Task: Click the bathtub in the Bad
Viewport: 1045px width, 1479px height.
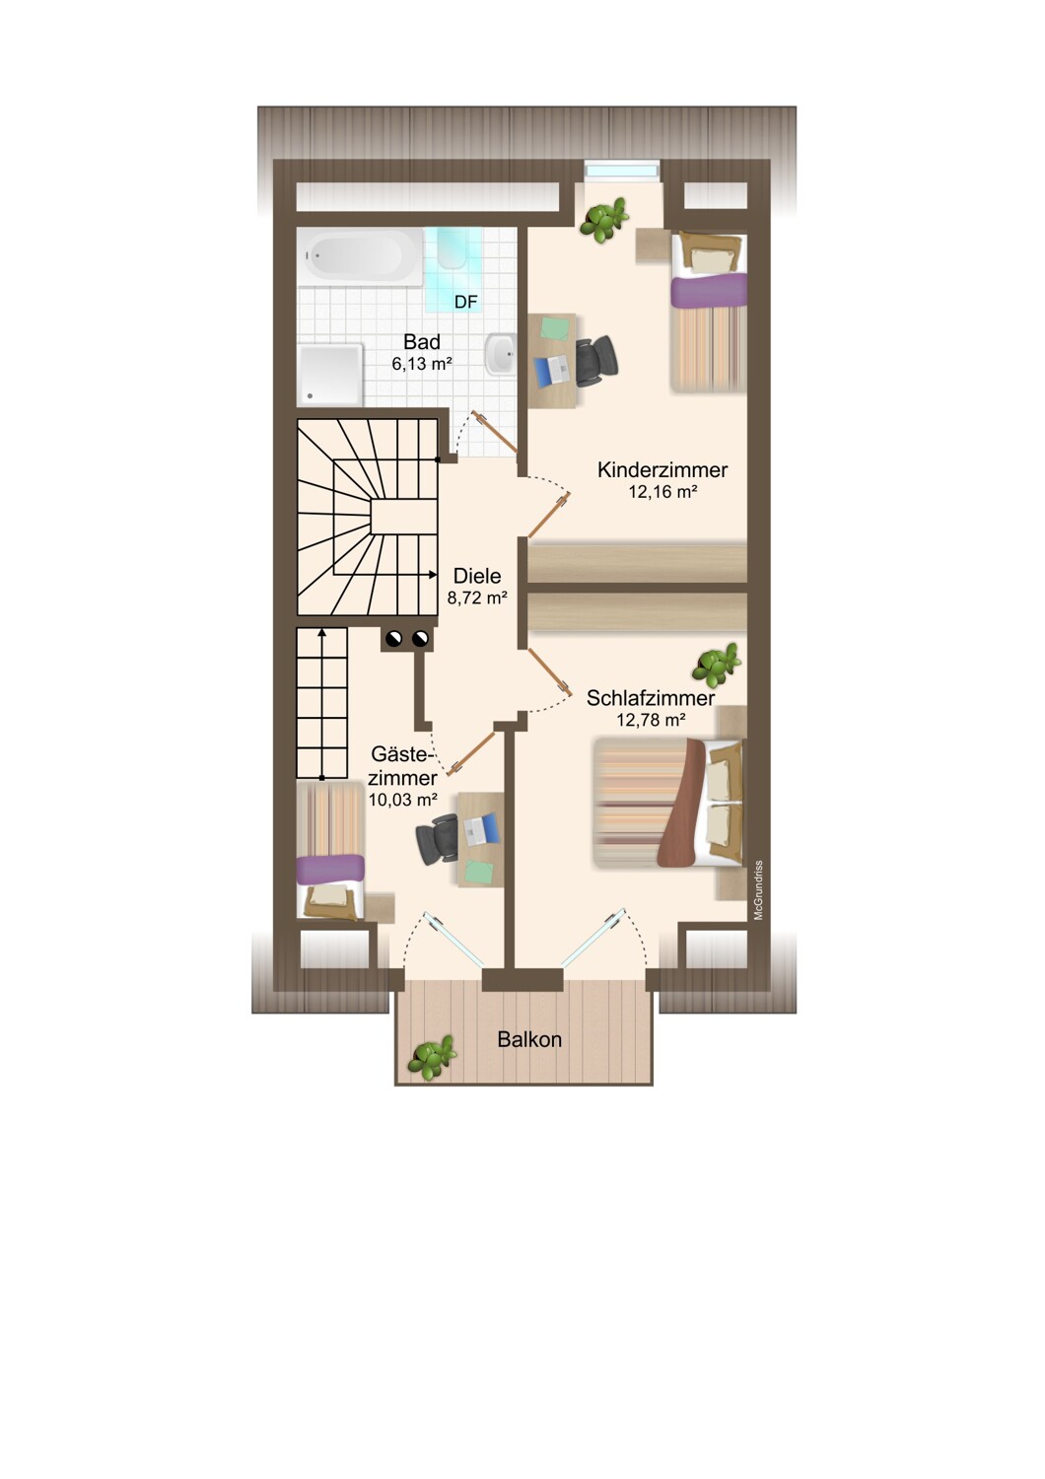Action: [x=360, y=257]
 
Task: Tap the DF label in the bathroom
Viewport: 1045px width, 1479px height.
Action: [x=465, y=303]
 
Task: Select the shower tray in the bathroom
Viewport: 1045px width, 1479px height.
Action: [x=330, y=375]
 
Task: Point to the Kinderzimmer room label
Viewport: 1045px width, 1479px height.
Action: [x=662, y=470]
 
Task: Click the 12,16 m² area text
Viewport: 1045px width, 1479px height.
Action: [x=662, y=492]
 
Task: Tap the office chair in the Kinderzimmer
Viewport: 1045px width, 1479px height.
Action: [x=596, y=360]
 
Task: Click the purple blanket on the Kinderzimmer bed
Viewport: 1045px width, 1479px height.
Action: [x=709, y=291]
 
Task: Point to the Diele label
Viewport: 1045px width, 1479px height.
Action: [x=476, y=577]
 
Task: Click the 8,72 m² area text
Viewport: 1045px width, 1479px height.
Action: [x=476, y=599]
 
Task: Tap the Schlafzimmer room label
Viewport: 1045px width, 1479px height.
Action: [x=651, y=698]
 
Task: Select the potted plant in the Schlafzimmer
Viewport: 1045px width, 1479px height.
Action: [x=715, y=666]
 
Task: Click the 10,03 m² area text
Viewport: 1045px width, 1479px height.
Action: [x=402, y=801]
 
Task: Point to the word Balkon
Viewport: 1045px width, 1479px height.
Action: [x=529, y=1040]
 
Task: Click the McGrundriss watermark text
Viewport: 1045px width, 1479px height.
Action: [x=758, y=890]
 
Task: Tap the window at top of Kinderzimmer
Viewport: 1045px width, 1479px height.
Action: [x=621, y=171]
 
